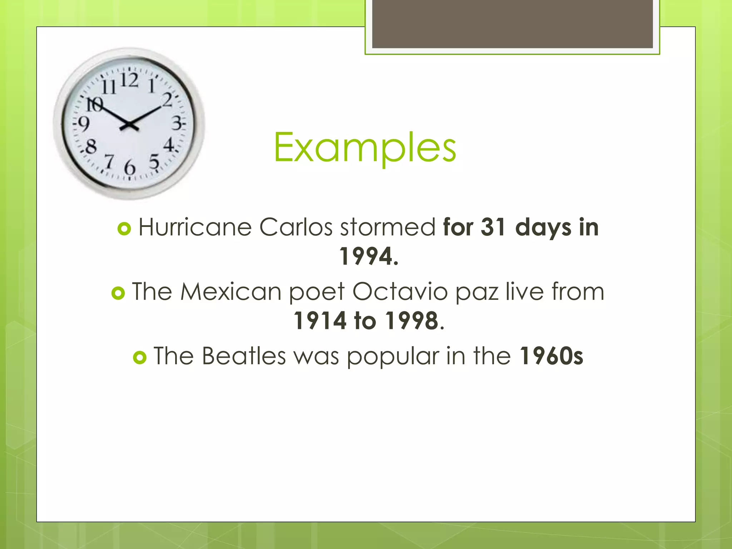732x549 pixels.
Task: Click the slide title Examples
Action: (x=365, y=147)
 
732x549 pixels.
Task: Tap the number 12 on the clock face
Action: (x=129, y=80)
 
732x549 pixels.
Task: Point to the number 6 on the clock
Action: (x=130, y=167)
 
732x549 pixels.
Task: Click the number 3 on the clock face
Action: (x=177, y=123)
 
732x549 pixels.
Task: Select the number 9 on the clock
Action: (x=84, y=124)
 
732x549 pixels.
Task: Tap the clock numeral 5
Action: (x=154, y=162)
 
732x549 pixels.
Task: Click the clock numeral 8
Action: (x=91, y=147)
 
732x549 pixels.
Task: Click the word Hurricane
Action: (x=195, y=227)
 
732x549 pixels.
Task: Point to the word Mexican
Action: (x=231, y=292)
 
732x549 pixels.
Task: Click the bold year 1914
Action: (x=320, y=321)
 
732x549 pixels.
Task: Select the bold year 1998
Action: (x=412, y=321)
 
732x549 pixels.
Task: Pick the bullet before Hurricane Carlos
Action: (x=124, y=229)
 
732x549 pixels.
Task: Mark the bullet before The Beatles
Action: (x=140, y=357)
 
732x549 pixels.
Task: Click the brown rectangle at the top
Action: (x=512, y=24)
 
